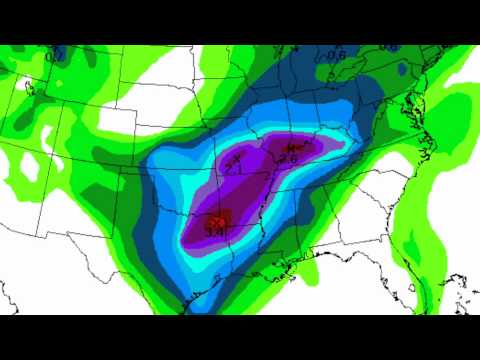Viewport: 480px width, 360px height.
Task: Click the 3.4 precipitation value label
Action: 214,231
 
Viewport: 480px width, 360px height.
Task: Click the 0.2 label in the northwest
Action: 49,56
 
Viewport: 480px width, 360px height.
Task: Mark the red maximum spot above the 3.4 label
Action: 217,218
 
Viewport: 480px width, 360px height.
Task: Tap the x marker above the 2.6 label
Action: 292,147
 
